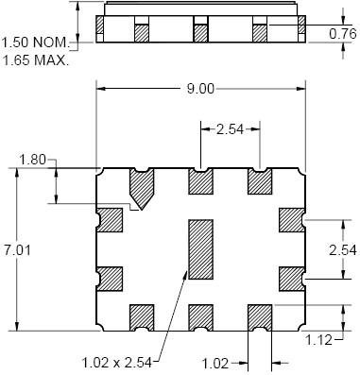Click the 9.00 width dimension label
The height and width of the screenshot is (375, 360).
[200, 89]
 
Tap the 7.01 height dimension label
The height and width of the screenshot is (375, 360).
[17, 250]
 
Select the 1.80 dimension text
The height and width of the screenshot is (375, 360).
[33, 160]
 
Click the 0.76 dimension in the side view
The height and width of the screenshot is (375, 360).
[343, 34]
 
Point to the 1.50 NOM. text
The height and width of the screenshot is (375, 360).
[36, 42]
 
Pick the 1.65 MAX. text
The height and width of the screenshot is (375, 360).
[36, 60]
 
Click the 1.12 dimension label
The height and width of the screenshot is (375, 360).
[319, 340]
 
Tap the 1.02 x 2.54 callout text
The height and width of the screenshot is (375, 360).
[117, 363]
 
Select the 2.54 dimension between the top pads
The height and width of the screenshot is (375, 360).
[230, 129]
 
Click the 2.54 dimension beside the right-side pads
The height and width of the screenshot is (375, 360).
[343, 250]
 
